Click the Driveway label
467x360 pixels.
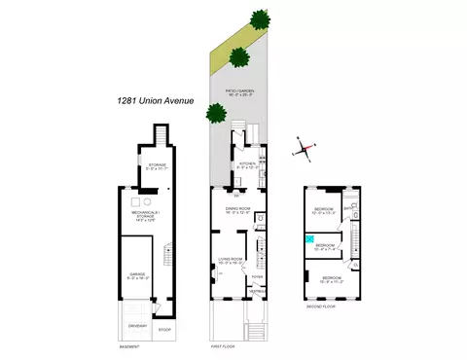click(x=135, y=326)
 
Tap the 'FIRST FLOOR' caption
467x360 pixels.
click(x=224, y=345)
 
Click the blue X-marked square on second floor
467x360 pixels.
click(x=309, y=239)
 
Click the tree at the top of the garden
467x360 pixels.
click(x=259, y=18)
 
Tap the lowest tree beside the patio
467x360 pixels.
click(x=214, y=112)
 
